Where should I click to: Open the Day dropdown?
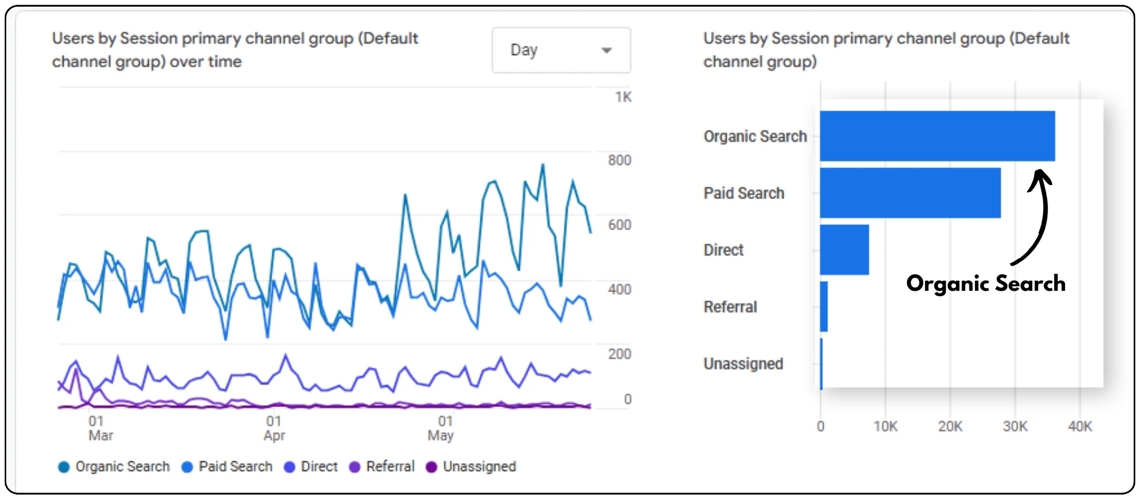pos(561,50)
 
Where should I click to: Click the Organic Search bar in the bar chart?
pos(937,136)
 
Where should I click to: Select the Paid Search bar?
pos(909,193)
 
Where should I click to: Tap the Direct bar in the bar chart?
pos(844,250)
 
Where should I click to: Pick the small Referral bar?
pos(824,307)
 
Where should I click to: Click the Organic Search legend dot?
pos(64,467)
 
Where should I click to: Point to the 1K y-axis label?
pos(623,97)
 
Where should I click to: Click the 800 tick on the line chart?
pos(619,160)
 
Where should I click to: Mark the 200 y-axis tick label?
pos(619,354)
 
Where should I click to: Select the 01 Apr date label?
pos(274,428)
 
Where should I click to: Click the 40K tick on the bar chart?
pos(1079,427)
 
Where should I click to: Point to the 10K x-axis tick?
pos(885,427)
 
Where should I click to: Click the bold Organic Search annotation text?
pos(986,284)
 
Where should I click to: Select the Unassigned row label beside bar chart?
pos(743,364)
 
